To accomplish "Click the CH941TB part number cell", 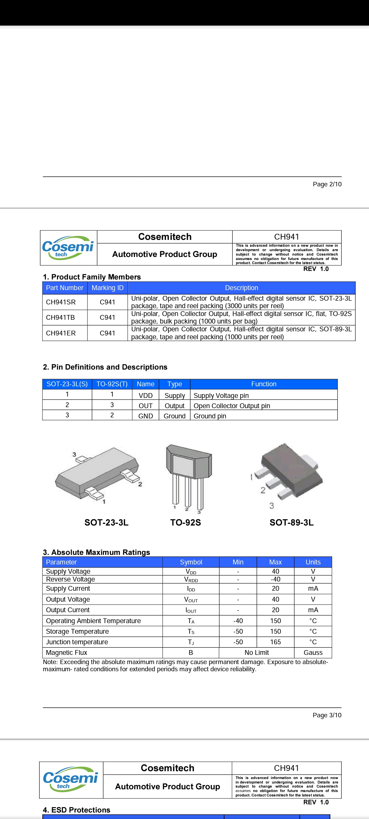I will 60,317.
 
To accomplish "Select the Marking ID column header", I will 107,288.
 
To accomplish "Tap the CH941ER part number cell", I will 61,333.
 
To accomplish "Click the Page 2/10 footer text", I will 327,184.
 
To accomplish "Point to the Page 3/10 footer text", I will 327,715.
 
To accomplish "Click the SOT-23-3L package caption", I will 106,522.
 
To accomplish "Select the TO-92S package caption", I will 186,522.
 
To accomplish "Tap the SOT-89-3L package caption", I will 291,522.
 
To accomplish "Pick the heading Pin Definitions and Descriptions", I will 105,367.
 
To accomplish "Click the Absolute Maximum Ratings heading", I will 97,552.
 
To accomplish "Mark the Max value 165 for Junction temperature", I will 275,642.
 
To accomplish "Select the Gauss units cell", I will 313,652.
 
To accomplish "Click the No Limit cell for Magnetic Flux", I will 257,652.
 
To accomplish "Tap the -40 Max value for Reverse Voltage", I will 275,579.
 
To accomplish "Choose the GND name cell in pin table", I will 146,416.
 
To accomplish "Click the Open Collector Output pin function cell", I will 232,406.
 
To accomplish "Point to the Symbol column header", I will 191,562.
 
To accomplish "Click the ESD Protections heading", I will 77,810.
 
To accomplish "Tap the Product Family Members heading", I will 92,277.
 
